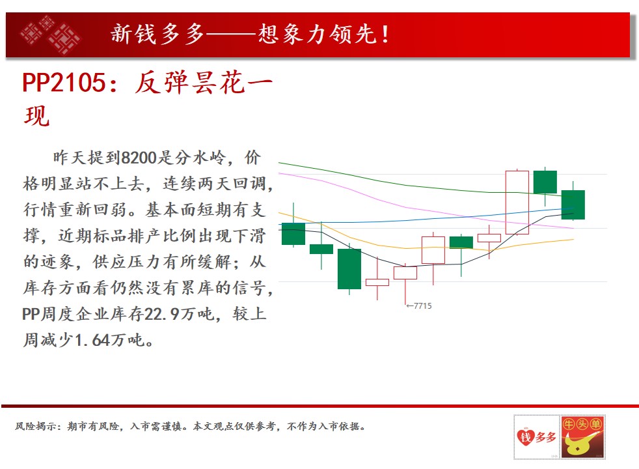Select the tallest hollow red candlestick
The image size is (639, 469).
pos(517,203)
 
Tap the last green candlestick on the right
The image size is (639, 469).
pos(573,205)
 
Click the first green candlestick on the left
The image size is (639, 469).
pos(293,234)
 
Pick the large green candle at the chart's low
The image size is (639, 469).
pos(349,269)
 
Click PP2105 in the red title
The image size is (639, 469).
pos(64,83)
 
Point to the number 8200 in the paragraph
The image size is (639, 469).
pos(139,158)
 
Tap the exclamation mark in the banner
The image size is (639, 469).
pos(385,35)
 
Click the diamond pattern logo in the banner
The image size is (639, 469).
pos(49,35)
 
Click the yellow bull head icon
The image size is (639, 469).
pos(582,444)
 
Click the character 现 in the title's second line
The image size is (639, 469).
pos(37,116)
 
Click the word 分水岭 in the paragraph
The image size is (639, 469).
pos(200,158)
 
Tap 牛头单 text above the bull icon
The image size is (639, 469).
pos(582,424)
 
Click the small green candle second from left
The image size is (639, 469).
pos(321,249)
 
